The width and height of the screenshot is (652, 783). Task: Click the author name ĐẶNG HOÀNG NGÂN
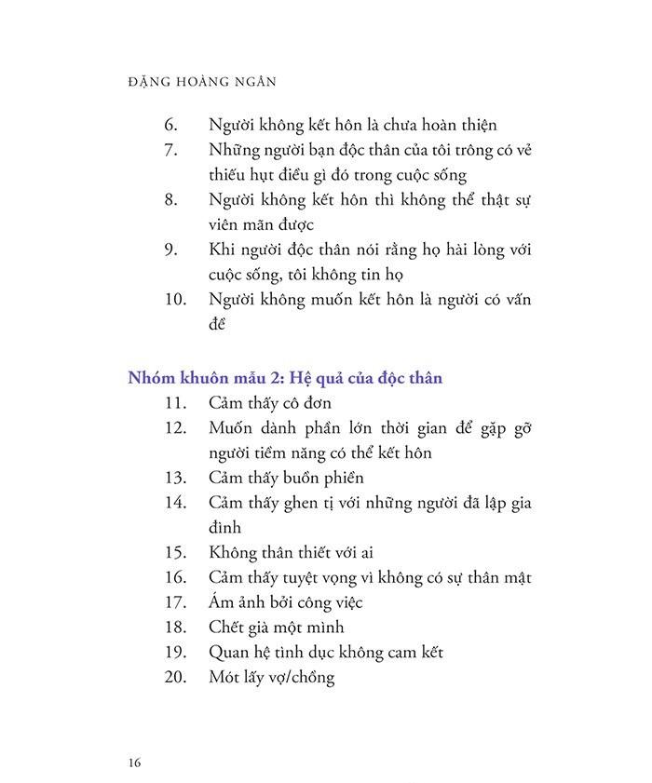click(200, 82)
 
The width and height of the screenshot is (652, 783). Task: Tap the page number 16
click(135, 763)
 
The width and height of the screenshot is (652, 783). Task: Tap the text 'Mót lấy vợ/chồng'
click(272, 678)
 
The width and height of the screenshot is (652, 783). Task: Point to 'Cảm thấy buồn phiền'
click(286, 478)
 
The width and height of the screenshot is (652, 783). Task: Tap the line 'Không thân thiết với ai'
click(292, 553)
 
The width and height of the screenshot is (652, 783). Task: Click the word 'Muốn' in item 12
click(232, 427)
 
